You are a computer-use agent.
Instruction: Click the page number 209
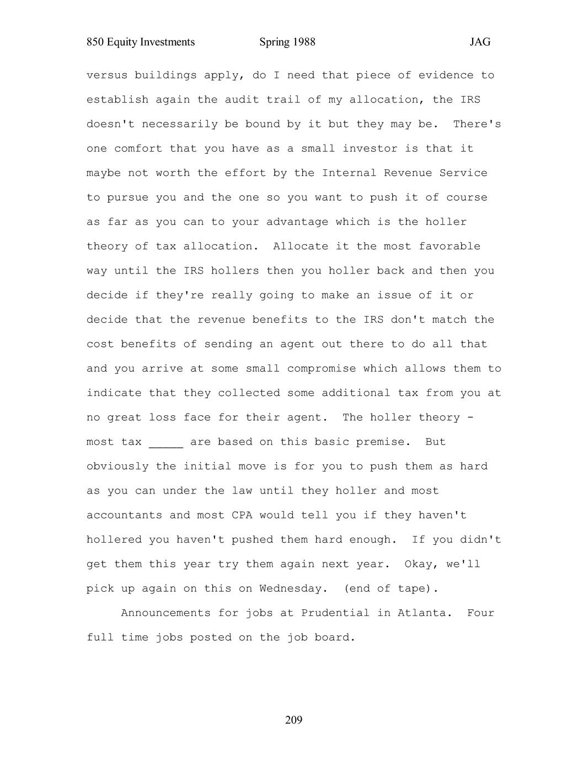(293, 720)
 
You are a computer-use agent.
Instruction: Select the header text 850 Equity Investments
(141, 42)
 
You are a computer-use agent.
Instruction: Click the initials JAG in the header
(480, 42)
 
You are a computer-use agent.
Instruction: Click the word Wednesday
(290, 589)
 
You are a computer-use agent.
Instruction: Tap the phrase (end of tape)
(391, 589)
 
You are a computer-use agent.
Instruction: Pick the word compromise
(321, 369)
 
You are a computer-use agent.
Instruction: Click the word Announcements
(165, 613)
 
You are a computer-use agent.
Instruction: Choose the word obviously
(117, 467)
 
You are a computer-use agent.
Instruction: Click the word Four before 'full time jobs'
(480, 613)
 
